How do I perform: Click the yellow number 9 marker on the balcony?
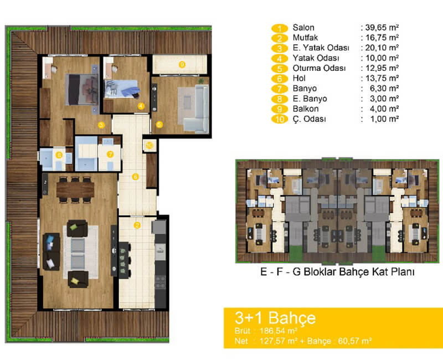pyautogui.click(x=182, y=65)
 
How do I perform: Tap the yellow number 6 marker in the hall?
pyautogui.click(x=135, y=177)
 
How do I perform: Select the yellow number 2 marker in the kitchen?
pyautogui.click(x=137, y=225)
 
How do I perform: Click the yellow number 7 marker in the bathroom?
pyautogui.click(x=110, y=155)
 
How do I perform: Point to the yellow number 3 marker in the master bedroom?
pyautogui.click(x=101, y=125)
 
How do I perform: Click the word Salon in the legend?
pyautogui.click(x=303, y=28)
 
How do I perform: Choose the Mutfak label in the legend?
pyautogui.click(x=305, y=38)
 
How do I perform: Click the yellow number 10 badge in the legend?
pyautogui.click(x=280, y=119)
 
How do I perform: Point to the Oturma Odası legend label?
pyautogui.click(x=319, y=68)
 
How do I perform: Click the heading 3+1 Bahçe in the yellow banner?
pyautogui.click(x=275, y=317)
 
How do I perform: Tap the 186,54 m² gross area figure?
pyautogui.click(x=279, y=331)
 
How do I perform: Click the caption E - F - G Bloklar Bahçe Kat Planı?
pyautogui.click(x=337, y=272)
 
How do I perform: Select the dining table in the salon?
pyautogui.click(x=75, y=190)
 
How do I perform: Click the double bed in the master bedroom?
pyautogui.click(x=81, y=89)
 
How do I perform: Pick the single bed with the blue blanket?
pyautogui.click(x=121, y=89)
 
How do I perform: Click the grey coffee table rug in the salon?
pyautogui.click(x=80, y=252)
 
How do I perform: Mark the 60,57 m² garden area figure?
pyautogui.click(x=354, y=341)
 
